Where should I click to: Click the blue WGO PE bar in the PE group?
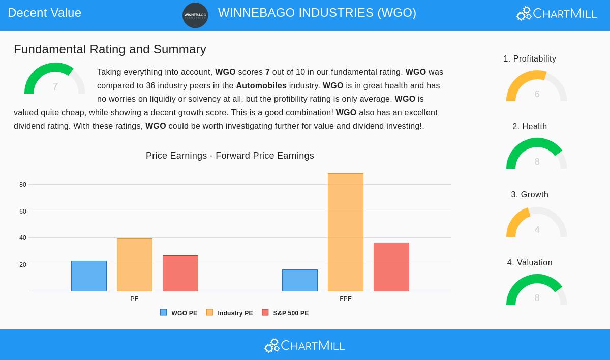(89, 276)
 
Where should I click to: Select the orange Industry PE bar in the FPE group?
(346, 232)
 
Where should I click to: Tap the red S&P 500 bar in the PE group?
(180, 273)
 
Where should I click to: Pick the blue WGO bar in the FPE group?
(300, 280)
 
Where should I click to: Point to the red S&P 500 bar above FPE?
(391, 267)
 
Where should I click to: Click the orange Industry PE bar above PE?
(135, 265)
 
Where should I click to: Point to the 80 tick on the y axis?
(23, 185)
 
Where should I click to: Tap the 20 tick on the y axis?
(23, 265)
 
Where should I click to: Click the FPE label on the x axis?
(346, 299)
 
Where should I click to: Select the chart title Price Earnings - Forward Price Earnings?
(230, 156)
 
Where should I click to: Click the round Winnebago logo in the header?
(195, 15)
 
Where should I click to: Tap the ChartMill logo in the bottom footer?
(304, 346)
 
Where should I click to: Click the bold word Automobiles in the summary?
(261, 86)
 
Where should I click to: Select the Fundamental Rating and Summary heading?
(110, 49)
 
